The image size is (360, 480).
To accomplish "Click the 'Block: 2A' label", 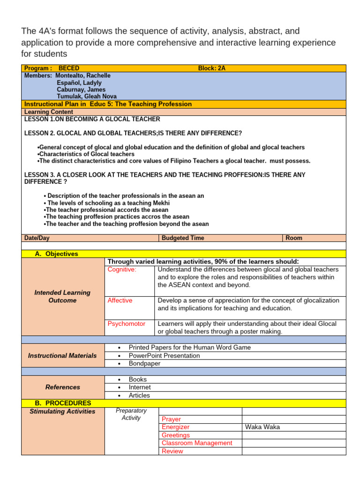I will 211,68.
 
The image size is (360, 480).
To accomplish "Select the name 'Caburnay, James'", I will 81,90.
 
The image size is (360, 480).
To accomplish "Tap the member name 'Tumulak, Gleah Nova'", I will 87,97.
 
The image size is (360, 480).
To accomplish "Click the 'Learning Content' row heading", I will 48,112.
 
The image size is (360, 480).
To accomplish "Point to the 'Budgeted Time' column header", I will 183,238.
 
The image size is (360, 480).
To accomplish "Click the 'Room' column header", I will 294,238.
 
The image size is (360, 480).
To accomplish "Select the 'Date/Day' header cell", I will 37,238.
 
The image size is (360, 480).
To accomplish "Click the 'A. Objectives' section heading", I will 57,254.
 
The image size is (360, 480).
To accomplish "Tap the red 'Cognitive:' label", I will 122,270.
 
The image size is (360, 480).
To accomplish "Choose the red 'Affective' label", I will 120,300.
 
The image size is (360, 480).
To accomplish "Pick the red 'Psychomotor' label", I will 127,324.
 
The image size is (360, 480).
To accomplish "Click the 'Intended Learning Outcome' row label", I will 62,296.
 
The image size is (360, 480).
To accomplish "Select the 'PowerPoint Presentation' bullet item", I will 164,355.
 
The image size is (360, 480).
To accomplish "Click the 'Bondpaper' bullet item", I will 144,363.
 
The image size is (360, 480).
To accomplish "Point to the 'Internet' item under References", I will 140,387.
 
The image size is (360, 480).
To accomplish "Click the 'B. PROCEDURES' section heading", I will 63,403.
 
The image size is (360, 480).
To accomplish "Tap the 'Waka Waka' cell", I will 262,427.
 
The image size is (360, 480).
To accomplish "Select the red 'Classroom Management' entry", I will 197,443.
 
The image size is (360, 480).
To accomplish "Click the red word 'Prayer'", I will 171,419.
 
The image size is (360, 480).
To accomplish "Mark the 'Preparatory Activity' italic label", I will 131,414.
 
